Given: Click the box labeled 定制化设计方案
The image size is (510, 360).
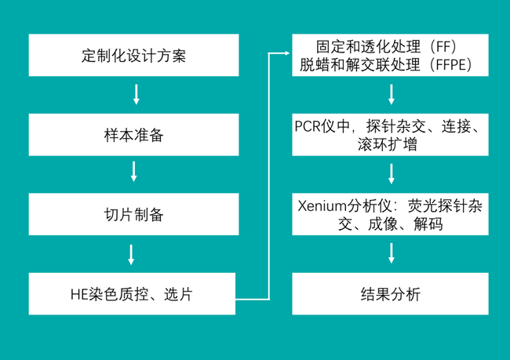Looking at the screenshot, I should point(133,56).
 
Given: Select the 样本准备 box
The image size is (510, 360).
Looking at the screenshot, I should point(133,135).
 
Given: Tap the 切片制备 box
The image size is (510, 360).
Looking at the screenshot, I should point(133,214).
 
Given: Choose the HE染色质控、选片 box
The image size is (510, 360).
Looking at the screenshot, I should point(133,294).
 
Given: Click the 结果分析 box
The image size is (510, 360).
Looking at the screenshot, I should point(390,294).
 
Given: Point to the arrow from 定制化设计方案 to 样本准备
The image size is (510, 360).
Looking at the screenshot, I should point(135,95).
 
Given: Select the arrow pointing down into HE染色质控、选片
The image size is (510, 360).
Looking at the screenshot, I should point(132,253).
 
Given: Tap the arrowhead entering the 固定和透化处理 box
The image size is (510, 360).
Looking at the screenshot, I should point(285,53).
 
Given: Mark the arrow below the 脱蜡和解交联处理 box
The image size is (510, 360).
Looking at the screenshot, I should point(390,95).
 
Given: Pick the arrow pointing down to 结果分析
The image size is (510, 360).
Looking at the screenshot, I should point(390,253).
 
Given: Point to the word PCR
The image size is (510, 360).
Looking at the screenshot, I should point(309,125).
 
